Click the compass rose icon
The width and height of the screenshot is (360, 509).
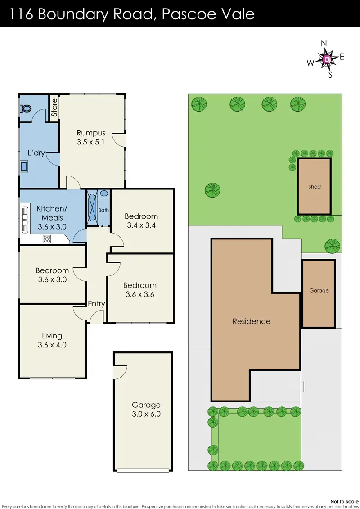point(327,59)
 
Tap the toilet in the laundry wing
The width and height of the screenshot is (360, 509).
point(26,108)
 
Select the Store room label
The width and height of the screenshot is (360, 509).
point(54,108)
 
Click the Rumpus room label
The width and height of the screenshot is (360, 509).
point(91,137)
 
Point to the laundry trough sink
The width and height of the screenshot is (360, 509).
point(24,166)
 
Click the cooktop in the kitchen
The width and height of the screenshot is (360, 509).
point(47,239)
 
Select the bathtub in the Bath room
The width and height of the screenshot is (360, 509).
point(93,207)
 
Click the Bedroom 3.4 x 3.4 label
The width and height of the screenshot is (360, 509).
point(141,221)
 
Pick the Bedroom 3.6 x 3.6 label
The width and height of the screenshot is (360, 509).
point(140,290)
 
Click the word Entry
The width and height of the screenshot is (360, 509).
point(96,303)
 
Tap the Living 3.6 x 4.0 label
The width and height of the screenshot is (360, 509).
point(52,340)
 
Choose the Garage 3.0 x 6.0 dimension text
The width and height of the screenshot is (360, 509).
point(146,414)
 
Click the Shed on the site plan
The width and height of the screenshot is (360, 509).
point(314,186)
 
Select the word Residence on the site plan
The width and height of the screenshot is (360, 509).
point(252,321)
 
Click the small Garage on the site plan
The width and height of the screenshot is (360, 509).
point(319,293)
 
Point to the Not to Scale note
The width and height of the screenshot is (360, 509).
point(344,501)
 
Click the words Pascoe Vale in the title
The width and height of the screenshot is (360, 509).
point(208,14)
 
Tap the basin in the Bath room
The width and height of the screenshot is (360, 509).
point(104,194)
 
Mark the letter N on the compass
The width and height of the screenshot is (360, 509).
point(324,43)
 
